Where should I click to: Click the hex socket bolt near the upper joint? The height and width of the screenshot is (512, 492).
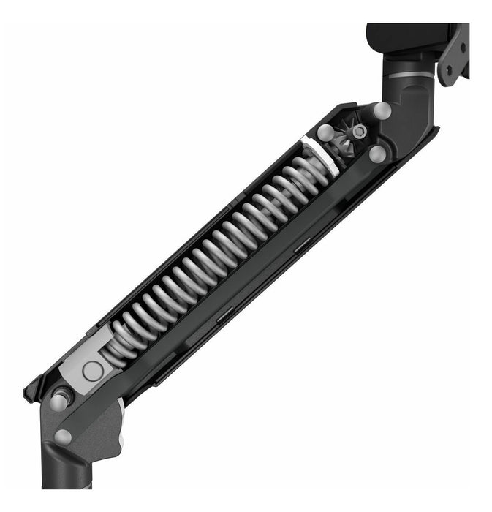tap(359, 133)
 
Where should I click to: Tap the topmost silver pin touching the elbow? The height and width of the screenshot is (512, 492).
tap(380, 111)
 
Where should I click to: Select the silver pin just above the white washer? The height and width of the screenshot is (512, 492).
tap(325, 133)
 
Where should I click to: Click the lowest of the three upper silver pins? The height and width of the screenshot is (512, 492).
tap(377, 154)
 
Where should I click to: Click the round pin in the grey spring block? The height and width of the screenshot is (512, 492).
tap(93, 371)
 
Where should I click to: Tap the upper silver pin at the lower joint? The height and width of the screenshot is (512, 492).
tap(61, 399)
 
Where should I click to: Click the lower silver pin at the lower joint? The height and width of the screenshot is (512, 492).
tap(63, 437)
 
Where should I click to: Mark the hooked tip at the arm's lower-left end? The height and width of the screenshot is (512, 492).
tap(31, 388)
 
